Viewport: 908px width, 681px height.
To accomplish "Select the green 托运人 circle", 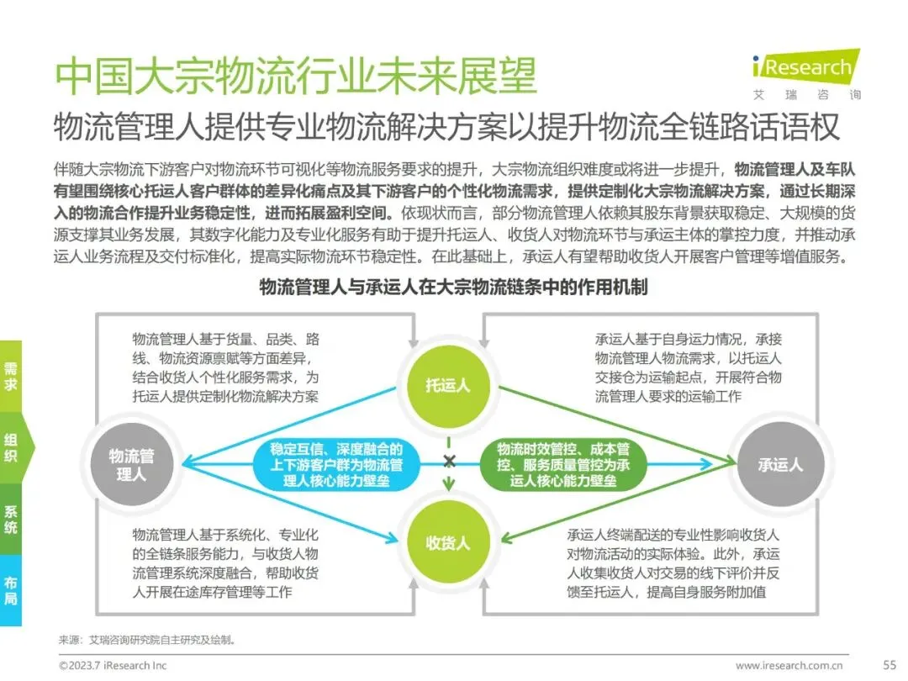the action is (448, 386).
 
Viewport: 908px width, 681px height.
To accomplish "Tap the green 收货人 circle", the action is (448, 542).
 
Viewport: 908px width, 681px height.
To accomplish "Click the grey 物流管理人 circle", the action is (131, 464).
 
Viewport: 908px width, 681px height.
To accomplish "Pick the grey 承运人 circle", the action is (779, 464).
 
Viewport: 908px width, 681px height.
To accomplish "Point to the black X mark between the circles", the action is (449, 461).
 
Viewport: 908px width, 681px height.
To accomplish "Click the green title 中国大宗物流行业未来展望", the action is (295, 77).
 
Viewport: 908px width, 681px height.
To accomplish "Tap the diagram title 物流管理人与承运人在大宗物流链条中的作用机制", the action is (453, 288).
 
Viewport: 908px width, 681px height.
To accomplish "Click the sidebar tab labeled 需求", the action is (11, 376).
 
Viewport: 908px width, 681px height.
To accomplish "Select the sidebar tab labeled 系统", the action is (11, 520).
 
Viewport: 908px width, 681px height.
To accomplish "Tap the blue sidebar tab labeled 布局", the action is (11, 590).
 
